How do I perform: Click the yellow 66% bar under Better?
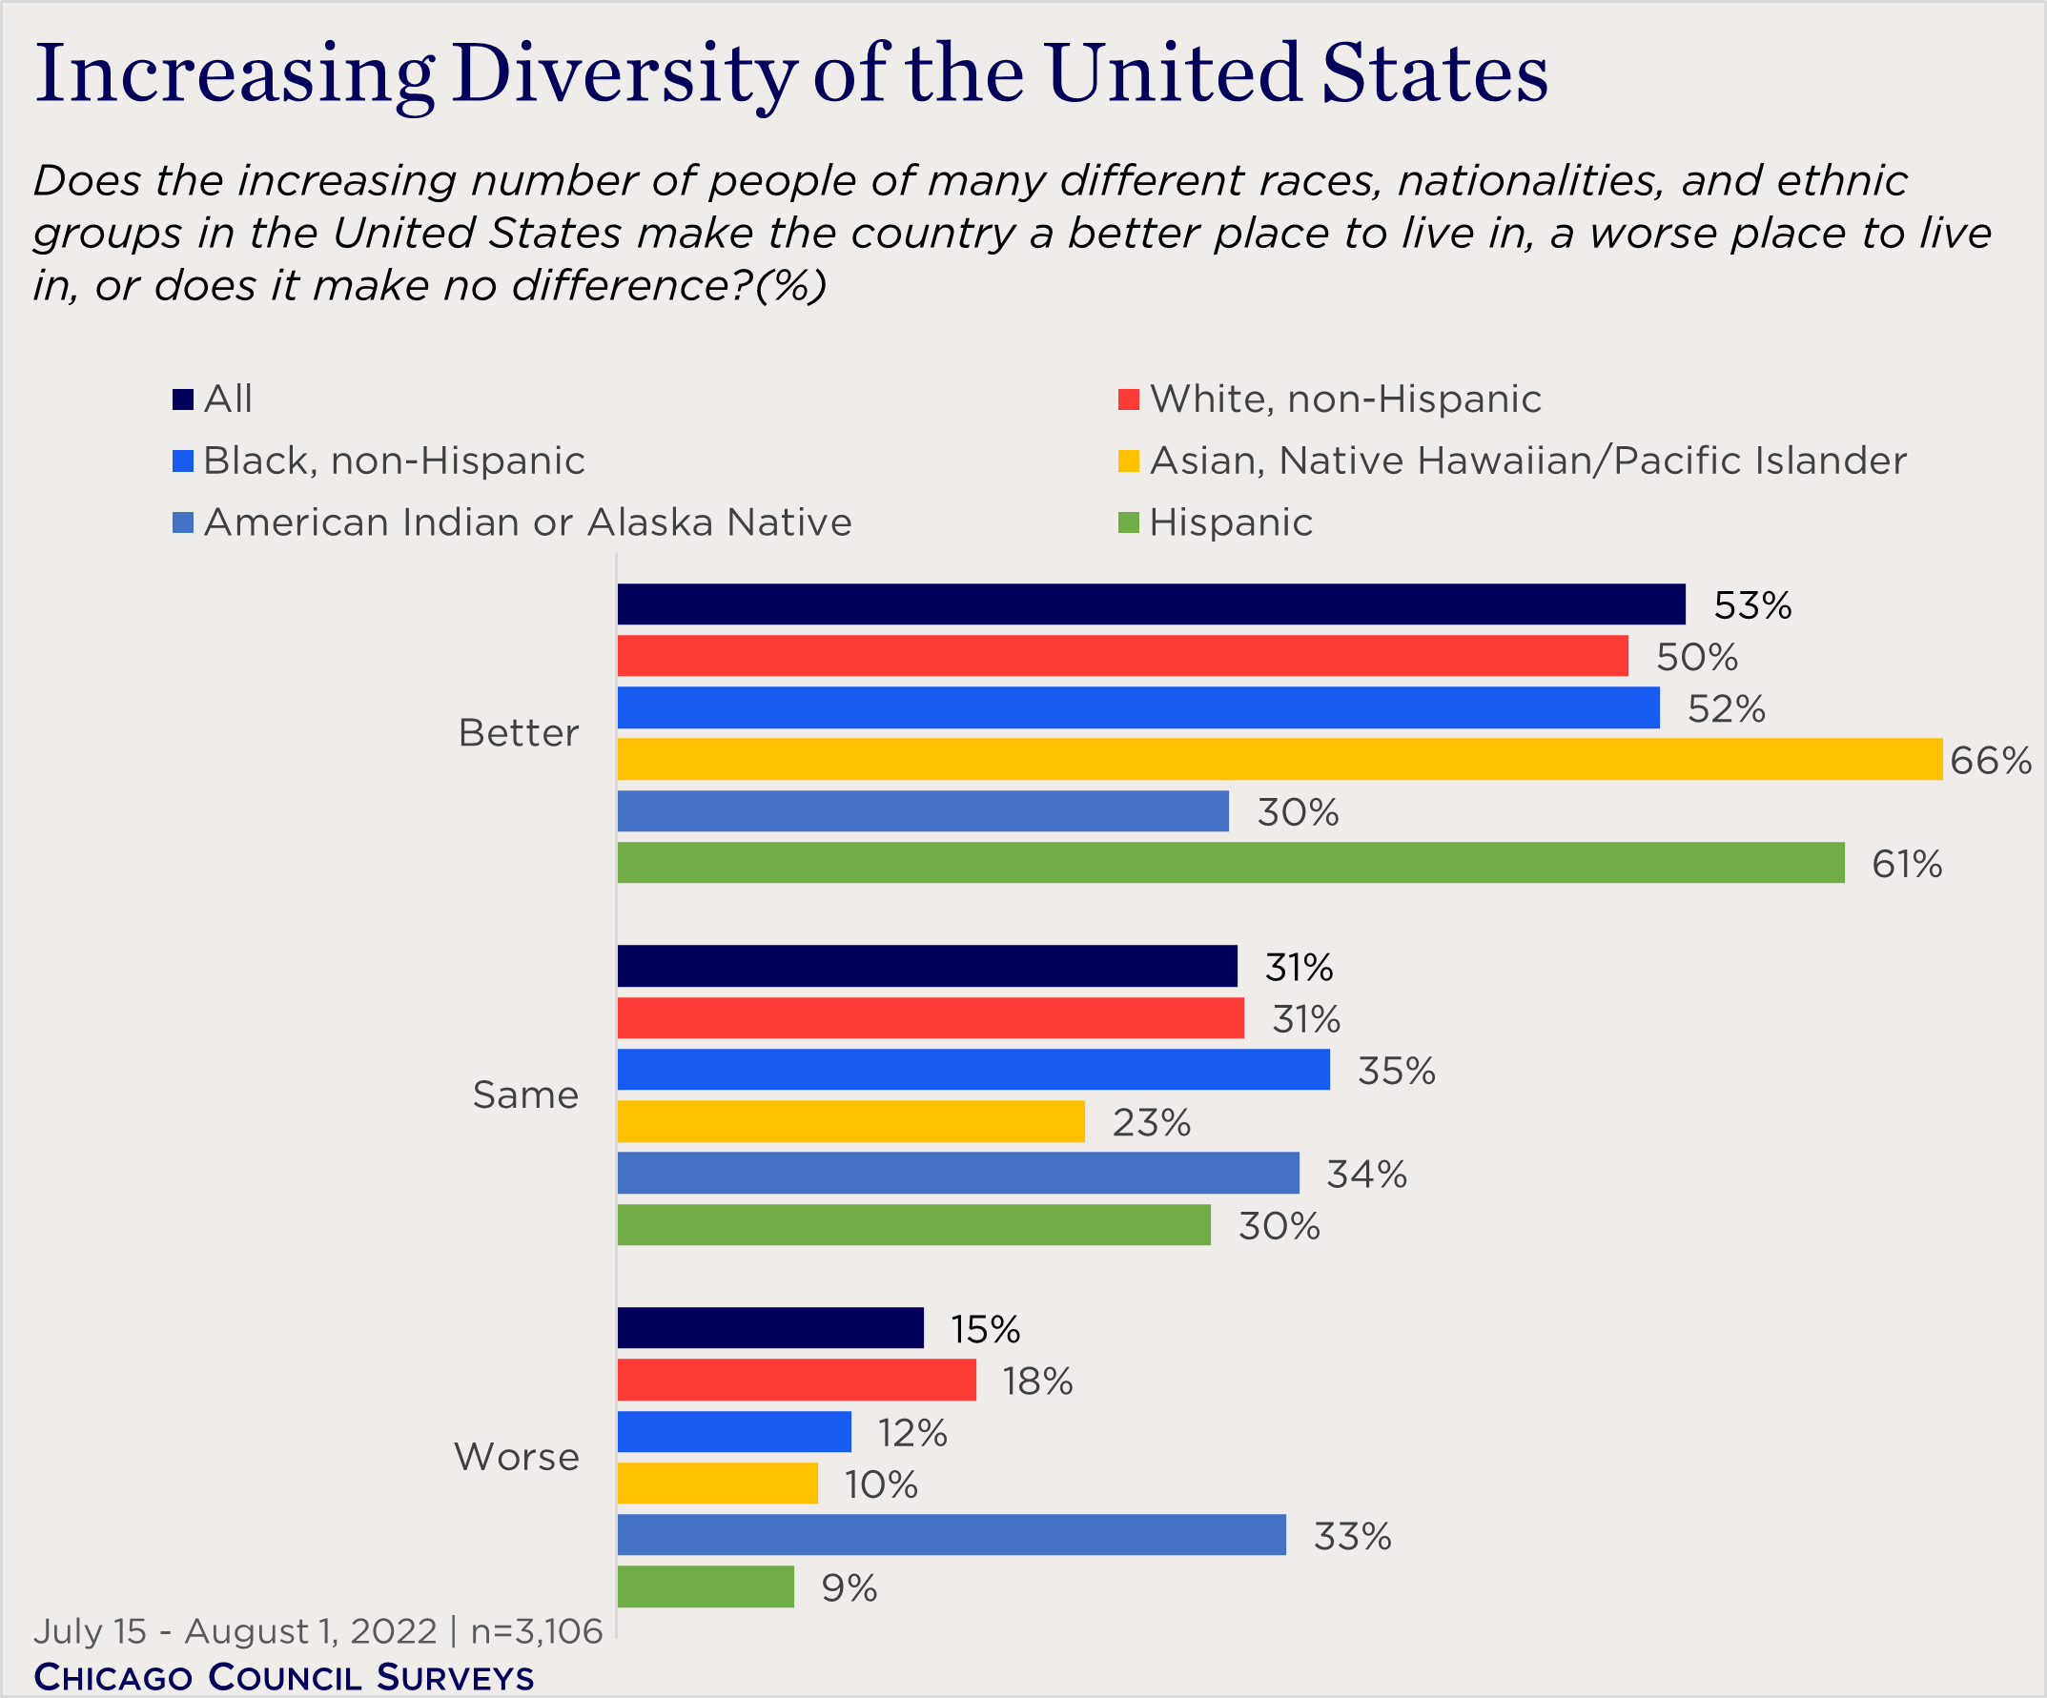(x=1279, y=759)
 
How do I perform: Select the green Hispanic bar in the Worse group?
(x=706, y=1586)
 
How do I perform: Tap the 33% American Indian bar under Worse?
(x=952, y=1535)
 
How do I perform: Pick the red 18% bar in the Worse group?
(x=796, y=1381)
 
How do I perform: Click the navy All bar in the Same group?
(x=927, y=966)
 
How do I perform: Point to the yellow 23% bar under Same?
(x=851, y=1121)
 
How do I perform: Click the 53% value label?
(x=1751, y=606)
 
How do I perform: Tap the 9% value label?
(x=848, y=1588)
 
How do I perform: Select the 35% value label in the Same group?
(x=1396, y=1072)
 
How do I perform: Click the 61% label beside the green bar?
(x=1906, y=865)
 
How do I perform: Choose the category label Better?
(x=519, y=733)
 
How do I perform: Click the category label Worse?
(x=517, y=1457)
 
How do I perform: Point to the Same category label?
(x=525, y=1095)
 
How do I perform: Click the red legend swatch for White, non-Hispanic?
(x=1128, y=399)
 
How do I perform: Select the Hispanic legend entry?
(x=1230, y=523)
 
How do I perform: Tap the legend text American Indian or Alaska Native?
(x=527, y=523)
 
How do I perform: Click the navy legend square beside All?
(x=182, y=399)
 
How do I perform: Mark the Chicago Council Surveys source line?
(x=284, y=1677)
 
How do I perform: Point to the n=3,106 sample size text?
(x=536, y=1631)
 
